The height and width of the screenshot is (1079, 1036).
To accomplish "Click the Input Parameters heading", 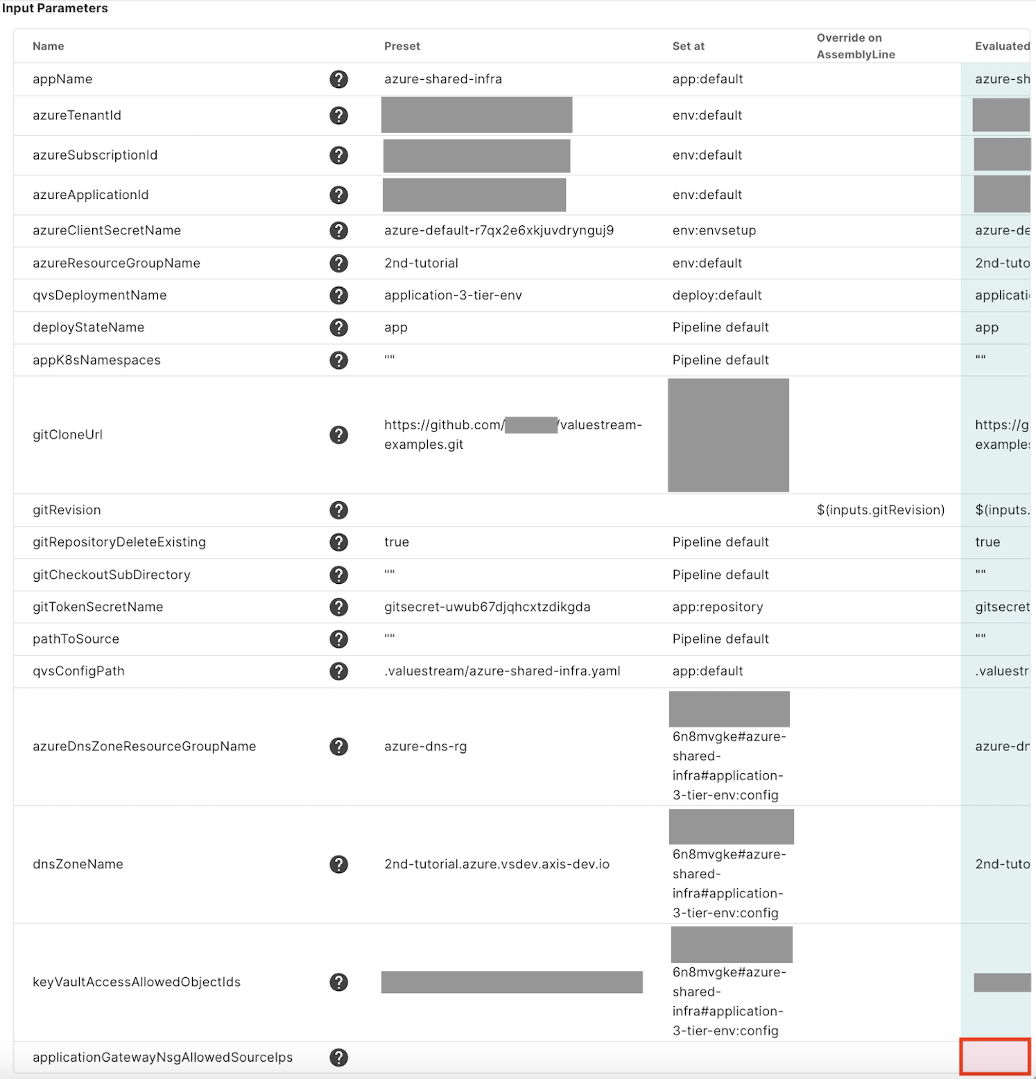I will pos(55,8).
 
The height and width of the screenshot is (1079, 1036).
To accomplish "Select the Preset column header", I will pos(402,46).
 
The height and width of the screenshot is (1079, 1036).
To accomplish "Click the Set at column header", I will pos(688,46).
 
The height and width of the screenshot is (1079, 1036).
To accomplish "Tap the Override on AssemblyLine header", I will pos(856,46).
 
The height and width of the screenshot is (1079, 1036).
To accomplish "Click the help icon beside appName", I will pos(338,79).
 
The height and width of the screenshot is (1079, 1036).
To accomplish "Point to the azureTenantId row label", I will pos(77,115).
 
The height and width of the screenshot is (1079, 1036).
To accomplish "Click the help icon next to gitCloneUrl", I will pos(338,435).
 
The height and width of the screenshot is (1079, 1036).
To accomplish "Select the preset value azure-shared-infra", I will pos(443,79).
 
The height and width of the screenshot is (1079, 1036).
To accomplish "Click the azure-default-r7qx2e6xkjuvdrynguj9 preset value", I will pos(499,230).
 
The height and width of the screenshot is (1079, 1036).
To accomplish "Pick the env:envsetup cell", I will pos(714,230).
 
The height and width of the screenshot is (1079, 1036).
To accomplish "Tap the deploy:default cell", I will pos(716,295).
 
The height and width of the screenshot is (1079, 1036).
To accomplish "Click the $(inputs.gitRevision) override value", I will pos(880,510).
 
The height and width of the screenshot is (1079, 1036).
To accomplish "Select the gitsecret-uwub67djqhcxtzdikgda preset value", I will pos(487,607).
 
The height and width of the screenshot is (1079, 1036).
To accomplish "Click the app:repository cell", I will pos(717,607).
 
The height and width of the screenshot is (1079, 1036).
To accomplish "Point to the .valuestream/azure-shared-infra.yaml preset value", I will pos(502,671).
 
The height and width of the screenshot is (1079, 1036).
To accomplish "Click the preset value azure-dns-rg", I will pos(425,747).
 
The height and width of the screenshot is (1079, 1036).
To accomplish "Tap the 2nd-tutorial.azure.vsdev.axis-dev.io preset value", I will pos(497,865).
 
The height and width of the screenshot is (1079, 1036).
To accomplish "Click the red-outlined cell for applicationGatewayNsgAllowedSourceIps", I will pos(995,1057).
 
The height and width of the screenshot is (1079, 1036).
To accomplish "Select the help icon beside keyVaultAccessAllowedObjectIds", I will pos(338,982).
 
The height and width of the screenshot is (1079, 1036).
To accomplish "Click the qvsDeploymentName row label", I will pos(99,295).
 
